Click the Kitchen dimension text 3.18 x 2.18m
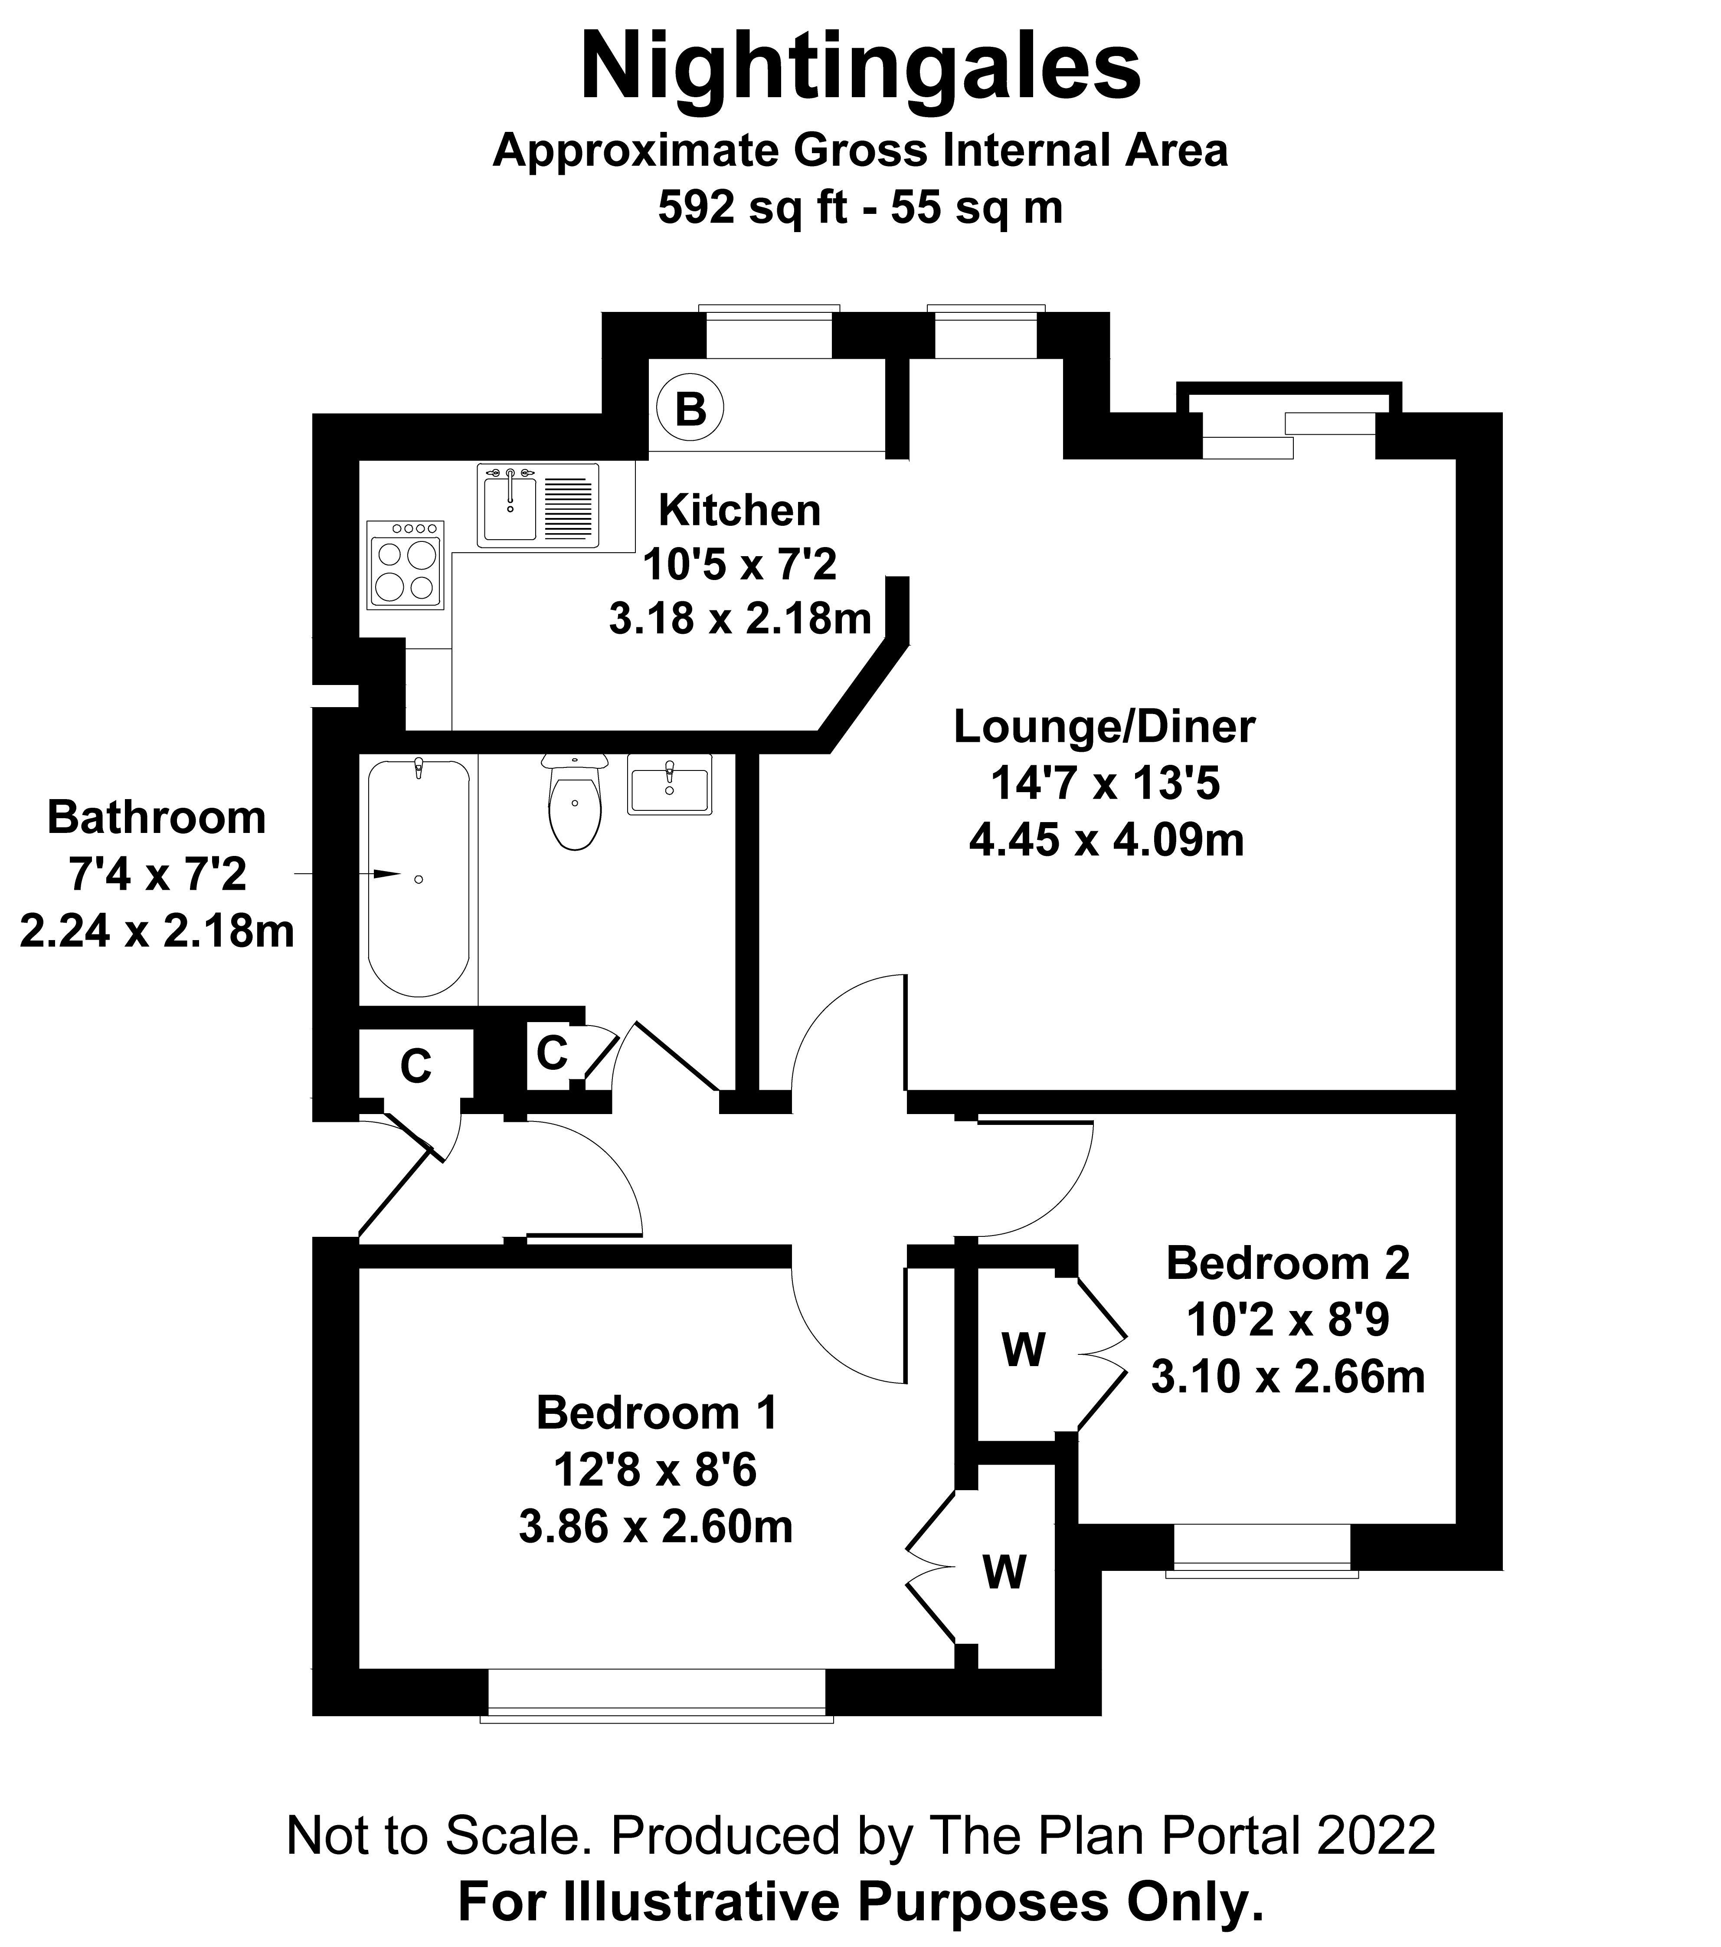click(x=740, y=619)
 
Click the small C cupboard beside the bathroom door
click(x=553, y=1053)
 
